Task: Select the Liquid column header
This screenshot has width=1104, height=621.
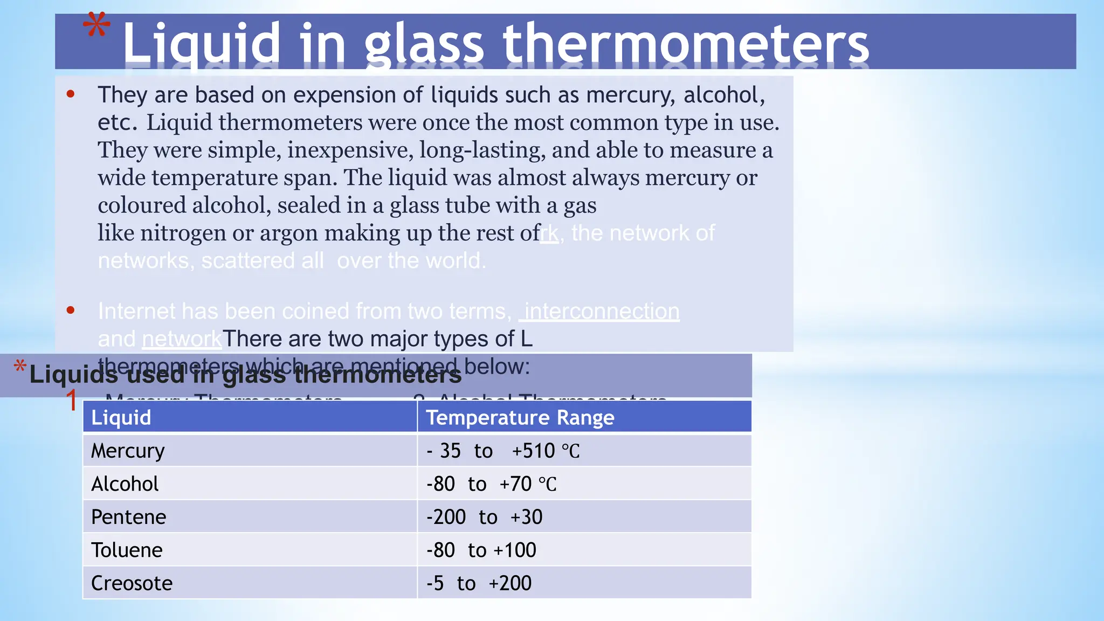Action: point(121,418)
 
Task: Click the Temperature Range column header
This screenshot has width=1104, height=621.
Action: point(520,418)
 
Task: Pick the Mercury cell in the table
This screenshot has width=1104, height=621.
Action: point(128,451)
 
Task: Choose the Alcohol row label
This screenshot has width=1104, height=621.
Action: point(125,484)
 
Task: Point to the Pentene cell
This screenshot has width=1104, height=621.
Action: point(128,517)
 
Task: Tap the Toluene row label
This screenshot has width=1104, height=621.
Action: point(127,550)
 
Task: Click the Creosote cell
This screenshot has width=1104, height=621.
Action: point(132,583)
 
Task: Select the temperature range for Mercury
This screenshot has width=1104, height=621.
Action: point(502,451)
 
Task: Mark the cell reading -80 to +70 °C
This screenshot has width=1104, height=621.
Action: point(491,484)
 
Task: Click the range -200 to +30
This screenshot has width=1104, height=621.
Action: point(484,517)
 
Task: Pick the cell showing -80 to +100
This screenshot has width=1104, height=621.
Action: point(481,550)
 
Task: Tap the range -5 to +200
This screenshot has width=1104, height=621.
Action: point(478,583)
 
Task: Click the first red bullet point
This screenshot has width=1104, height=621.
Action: point(70,94)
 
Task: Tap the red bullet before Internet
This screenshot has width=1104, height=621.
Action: point(70,310)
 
